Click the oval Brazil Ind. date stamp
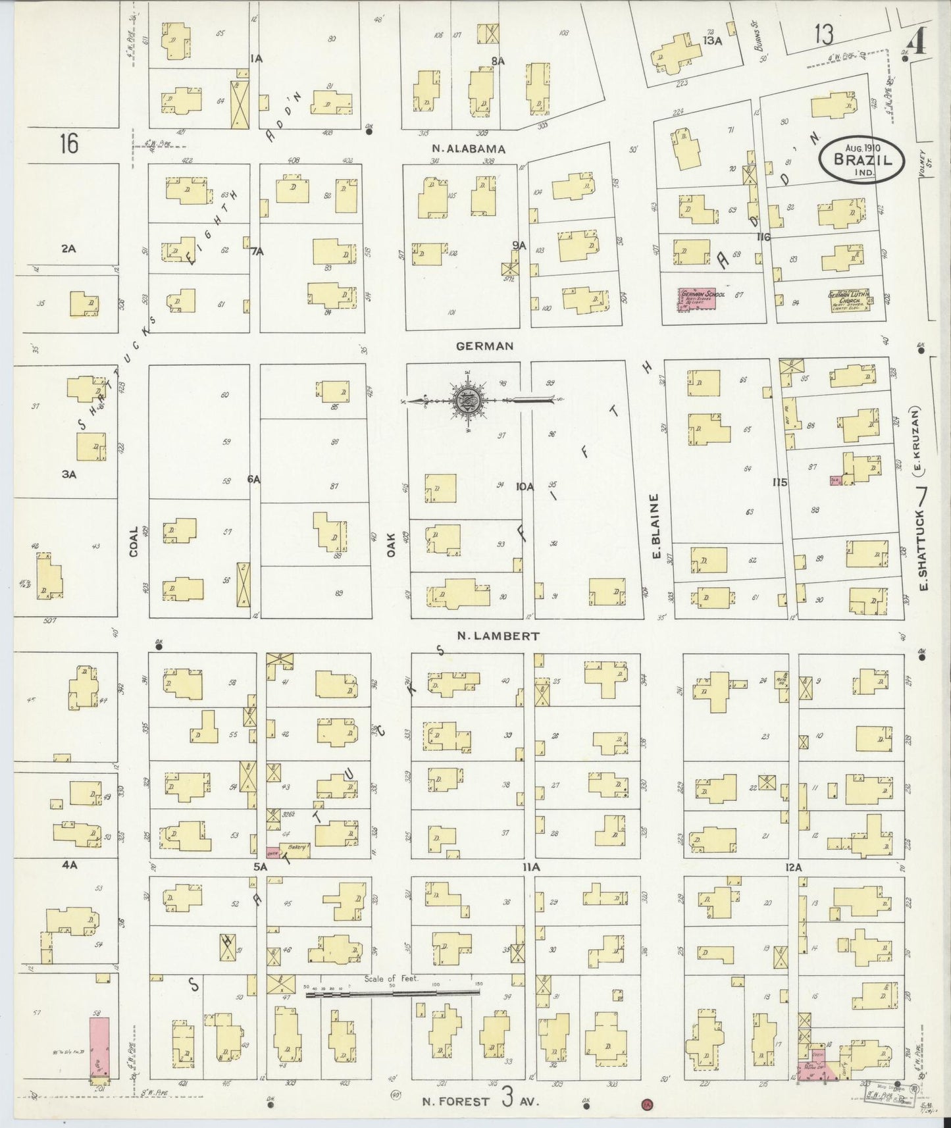coord(861,159)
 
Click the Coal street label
coord(134,541)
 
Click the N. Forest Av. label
coord(480,1100)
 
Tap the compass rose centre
coord(467,399)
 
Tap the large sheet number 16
coord(68,143)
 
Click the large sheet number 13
coord(823,34)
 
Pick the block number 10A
coord(525,486)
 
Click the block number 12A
coord(794,868)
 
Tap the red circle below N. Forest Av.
coord(646,1104)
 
